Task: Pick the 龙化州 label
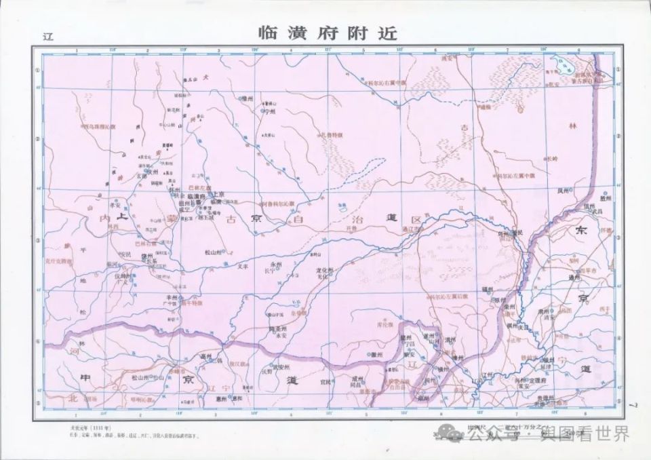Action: click(325, 270)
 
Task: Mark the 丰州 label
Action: click(151, 297)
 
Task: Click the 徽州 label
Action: click(374, 354)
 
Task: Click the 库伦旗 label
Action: click(384, 326)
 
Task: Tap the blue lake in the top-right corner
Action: click(564, 66)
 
